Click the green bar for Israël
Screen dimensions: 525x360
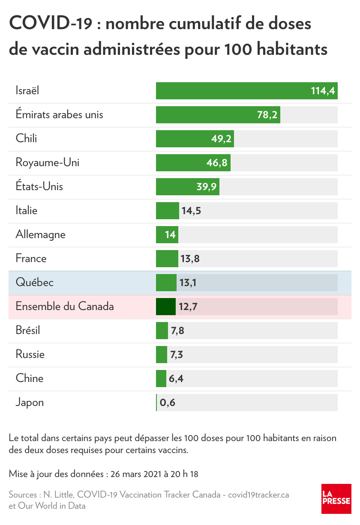(231, 91)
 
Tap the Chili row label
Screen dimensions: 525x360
(27, 139)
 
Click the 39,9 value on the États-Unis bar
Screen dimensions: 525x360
(206, 187)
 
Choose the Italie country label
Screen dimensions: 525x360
(27, 211)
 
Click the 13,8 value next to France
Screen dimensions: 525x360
(191, 259)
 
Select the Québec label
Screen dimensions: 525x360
(35, 283)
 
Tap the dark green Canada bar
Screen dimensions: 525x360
(166, 307)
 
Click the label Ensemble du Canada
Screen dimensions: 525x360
(65, 307)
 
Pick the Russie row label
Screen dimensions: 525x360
(30, 355)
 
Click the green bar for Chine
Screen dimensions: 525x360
(161, 379)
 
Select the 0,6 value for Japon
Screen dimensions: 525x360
(168, 403)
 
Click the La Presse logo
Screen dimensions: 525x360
(336, 499)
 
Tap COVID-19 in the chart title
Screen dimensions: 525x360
(51, 24)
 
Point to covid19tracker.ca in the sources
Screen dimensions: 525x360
(258, 495)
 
